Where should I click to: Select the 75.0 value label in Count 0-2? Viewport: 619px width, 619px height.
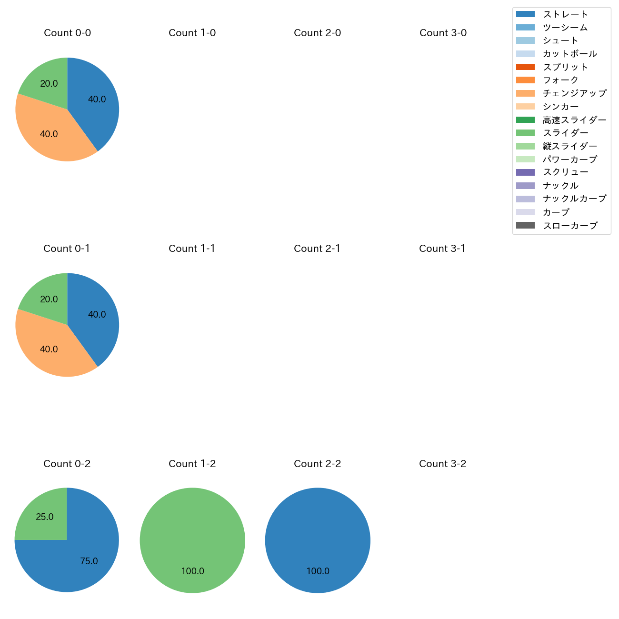pos(89,561)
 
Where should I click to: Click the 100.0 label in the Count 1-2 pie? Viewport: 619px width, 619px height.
pos(193,571)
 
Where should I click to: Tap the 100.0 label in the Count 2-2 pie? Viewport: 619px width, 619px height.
pos(318,571)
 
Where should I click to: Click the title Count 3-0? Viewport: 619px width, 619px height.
pos(443,33)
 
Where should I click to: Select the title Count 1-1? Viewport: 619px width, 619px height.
pos(192,249)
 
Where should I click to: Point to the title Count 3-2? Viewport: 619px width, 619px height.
pos(443,464)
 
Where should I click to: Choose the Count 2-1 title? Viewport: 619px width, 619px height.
pos(317,249)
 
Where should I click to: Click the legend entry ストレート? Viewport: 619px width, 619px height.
pos(565,14)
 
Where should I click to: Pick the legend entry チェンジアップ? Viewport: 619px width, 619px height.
pos(574,93)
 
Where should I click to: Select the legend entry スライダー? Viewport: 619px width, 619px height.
pos(565,133)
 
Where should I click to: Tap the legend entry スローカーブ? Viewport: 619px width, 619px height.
pos(569,226)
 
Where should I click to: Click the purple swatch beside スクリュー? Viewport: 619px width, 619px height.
pos(525,172)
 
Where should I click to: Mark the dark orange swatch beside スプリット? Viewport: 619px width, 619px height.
pos(525,67)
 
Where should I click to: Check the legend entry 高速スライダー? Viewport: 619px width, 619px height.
pos(574,120)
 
